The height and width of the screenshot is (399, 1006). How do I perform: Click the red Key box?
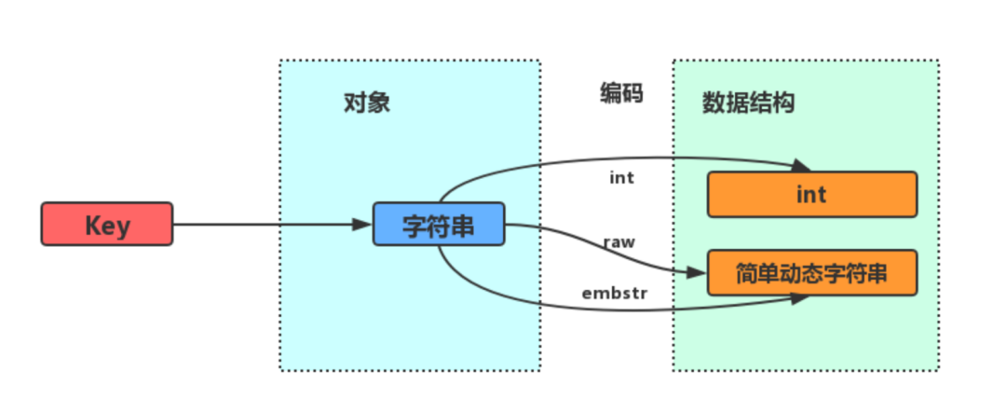pos(106,225)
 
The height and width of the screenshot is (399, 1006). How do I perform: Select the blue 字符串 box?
pos(438,225)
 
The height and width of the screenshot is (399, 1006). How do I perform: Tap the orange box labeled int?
pos(812,194)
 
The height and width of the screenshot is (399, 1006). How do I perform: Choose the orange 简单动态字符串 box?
pos(812,273)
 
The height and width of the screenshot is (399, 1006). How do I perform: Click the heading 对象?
pos(366,103)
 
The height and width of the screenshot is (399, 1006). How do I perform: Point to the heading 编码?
pos(621,93)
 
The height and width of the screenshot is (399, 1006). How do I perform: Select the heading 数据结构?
pos(748,103)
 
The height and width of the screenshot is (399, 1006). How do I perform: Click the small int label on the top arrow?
pos(621,177)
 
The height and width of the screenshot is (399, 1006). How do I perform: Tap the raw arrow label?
pos(619,241)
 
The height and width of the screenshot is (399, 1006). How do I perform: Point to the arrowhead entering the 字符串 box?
pos(364,225)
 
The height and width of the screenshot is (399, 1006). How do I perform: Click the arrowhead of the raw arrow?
pos(700,273)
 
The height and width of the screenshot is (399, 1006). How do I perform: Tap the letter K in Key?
pos(93,226)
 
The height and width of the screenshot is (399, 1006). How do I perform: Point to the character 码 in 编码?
pos(632,93)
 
